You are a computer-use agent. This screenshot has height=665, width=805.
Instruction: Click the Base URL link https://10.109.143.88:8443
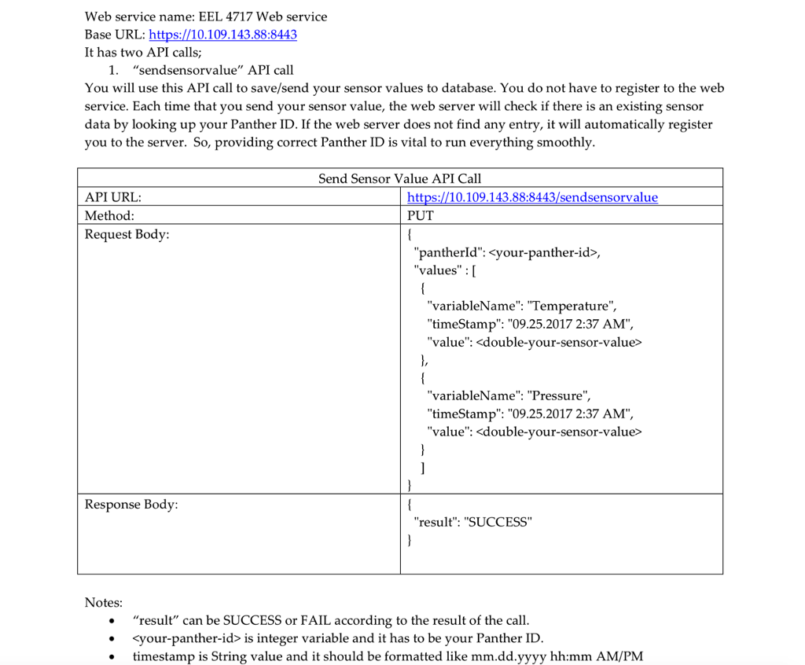pyautogui.click(x=222, y=35)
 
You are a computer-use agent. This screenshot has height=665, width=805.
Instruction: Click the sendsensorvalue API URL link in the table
pyautogui.click(x=532, y=197)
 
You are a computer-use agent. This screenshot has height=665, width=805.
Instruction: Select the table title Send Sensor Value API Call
pyautogui.click(x=399, y=178)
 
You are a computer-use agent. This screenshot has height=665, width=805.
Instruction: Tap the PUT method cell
pyautogui.click(x=421, y=215)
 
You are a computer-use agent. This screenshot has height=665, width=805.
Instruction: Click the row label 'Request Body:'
pyautogui.click(x=127, y=234)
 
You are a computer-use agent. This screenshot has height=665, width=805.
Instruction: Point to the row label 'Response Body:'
pyautogui.click(x=131, y=504)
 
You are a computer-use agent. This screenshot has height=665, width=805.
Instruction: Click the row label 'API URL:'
pyautogui.click(x=113, y=197)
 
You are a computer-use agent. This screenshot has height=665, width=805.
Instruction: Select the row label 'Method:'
pyautogui.click(x=109, y=215)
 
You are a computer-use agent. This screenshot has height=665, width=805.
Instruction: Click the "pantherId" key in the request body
pyautogui.click(x=447, y=252)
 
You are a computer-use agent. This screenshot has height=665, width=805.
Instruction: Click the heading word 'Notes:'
pyautogui.click(x=104, y=603)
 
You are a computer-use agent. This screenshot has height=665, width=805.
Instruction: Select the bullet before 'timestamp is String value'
pyautogui.click(x=115, y=656)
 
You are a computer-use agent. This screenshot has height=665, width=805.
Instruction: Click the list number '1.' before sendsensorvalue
pyautogui.click(x=115, y=71)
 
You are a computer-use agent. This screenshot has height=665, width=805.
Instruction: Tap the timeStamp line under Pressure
pyautogui.click(x=529, y=413)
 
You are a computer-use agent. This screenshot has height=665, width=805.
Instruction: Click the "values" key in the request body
pyautogui.click(x=437, y=270)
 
